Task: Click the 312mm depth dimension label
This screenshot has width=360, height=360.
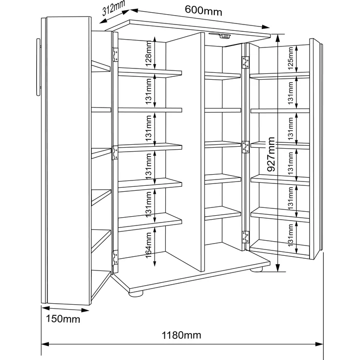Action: click(x=113, y=8)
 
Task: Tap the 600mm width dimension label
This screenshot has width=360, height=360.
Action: click(x=203, y=10)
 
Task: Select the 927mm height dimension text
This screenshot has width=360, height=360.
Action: click(x=271, y=154)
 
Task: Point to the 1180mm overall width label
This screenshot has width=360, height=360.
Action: click(x=181, y=336)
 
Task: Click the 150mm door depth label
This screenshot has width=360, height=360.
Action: click(x=63, y=319)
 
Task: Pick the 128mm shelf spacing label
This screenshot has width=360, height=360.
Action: click(x=149, y=53)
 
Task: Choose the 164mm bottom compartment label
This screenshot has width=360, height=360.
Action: click(x=149, y=245)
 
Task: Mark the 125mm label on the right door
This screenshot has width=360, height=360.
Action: click(x=291, y=58)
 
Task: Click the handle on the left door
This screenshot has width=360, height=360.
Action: click(x=38, y=67)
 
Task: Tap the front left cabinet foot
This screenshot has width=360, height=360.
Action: click(x=135, y=293)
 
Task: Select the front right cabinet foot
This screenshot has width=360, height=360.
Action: click(x=256, y=270)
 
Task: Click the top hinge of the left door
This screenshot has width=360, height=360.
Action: click(x=115, y=55)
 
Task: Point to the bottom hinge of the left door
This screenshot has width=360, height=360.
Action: click(x=115, y=257)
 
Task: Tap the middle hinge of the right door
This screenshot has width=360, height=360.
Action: click(x=246, y=147)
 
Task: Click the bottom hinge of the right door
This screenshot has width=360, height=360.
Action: click(x=246, y=237)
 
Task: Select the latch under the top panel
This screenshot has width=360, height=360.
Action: click(x=221, y=35)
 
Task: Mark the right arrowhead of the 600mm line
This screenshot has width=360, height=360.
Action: click(x=266, y=27)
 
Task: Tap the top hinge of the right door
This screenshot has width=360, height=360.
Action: click(x=246, y=63)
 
